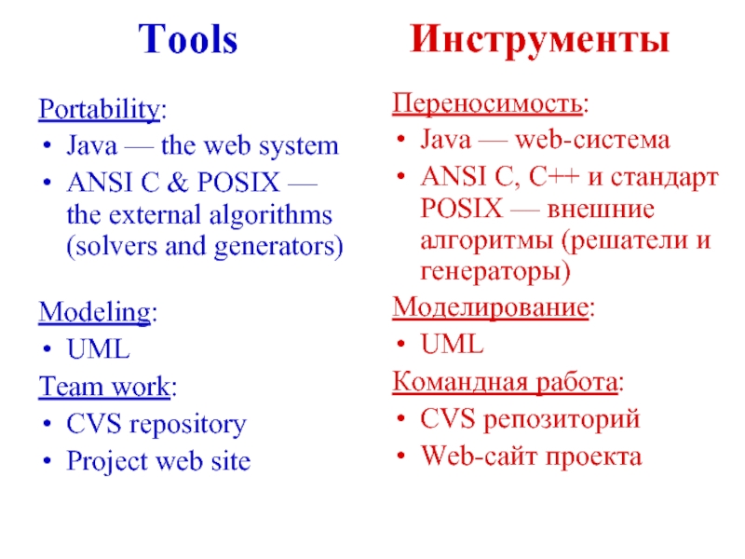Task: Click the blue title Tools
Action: coord(188,40)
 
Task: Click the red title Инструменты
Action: coord(540,40)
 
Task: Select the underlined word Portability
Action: coord(99,110)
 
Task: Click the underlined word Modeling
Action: coord(94,312)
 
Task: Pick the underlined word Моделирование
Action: coord(491,307)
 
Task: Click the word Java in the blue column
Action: coord(91,146)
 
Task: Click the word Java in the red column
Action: coord(446,141)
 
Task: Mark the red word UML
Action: coord(453,344)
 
